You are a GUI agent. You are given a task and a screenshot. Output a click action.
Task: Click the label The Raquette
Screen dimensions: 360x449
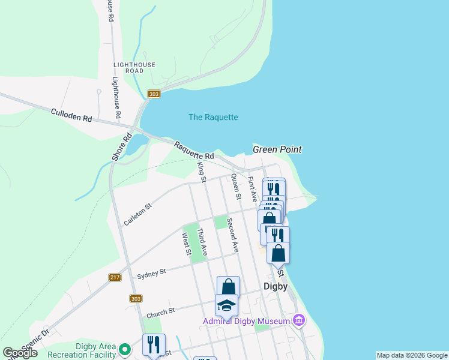point(213,117)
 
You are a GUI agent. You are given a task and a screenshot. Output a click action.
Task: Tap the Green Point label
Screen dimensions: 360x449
point(277,149)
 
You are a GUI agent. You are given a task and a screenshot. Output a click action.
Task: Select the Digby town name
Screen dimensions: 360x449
point(276,286)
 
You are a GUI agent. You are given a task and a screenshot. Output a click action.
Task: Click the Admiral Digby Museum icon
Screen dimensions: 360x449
point(298,322)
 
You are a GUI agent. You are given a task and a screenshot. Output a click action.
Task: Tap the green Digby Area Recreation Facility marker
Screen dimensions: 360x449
point(125,349)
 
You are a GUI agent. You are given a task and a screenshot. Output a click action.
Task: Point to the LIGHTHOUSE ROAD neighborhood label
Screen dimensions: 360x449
point(134,68)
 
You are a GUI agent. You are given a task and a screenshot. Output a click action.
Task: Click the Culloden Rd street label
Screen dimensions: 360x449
point(71,116)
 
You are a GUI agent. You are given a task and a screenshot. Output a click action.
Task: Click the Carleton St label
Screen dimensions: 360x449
point(137,215)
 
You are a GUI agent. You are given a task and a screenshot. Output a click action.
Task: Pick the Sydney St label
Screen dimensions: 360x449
point(151,274)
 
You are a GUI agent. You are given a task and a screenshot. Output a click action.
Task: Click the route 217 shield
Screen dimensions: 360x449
point(115,277)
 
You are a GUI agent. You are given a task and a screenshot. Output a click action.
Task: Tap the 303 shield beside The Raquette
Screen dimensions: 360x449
point(154,94)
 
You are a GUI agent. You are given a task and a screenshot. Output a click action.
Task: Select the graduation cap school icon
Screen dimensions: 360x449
point(226,306)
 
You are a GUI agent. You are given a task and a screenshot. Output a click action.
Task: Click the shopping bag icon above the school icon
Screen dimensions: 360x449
point(228,287)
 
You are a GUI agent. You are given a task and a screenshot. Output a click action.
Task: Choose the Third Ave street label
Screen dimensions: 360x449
point(202,242)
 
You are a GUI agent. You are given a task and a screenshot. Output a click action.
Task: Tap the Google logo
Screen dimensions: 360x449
point(20,353)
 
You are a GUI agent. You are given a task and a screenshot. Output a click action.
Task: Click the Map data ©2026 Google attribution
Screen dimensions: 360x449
point(412,355)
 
